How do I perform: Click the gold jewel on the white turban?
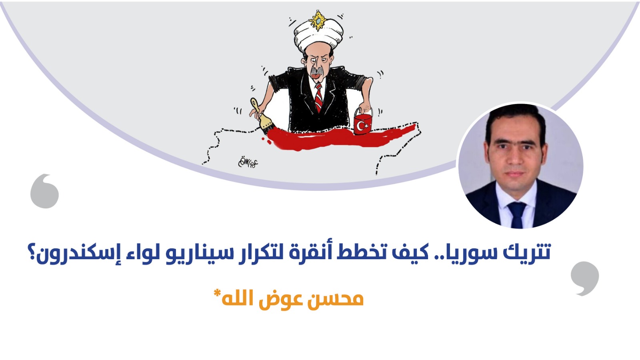(x=317, y=20)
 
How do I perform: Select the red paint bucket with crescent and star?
(x=363, y=122)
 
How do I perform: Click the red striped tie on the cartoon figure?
(x=318, y=98)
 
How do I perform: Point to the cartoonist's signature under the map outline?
(x=248, y=162)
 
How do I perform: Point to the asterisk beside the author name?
(x=217, y=293)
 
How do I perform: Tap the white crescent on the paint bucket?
(x=360, y=126)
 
